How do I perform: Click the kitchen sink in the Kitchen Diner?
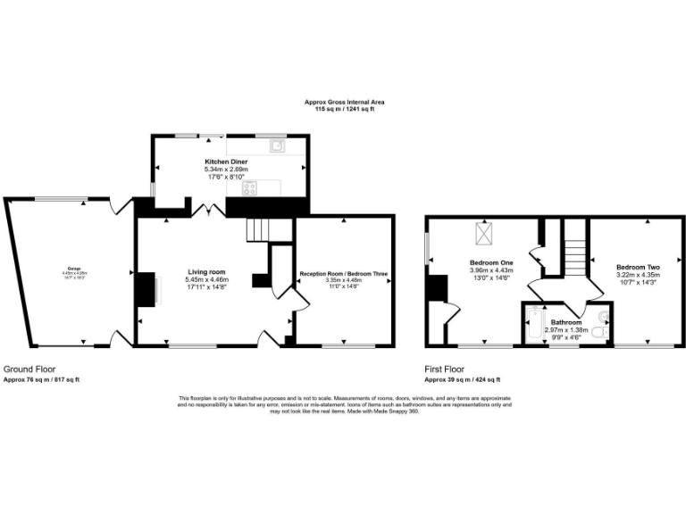click(x=278, y=145)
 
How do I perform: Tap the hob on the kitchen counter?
click(x=249, y=187)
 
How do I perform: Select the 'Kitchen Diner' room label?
click(x=226, y=162)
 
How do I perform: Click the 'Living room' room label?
click(x=205, y=271)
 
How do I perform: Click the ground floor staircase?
click(x=258, y=231)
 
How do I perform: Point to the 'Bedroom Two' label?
click(x=638, y=267)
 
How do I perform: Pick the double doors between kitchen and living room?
click(x=205, y=210)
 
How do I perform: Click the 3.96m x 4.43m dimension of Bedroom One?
click(x=491, y=270)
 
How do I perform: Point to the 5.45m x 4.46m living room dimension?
click(x=205, y=279)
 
